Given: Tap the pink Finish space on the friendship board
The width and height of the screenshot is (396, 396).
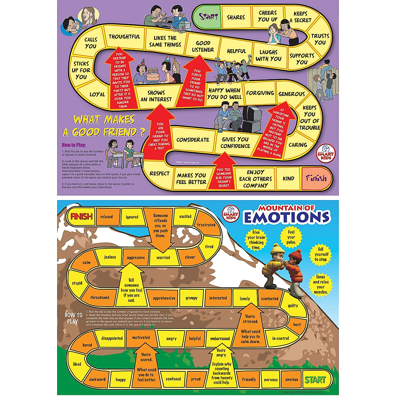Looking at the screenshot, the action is [x=316, y=179].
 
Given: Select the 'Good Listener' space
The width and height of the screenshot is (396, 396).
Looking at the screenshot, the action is [x=203, y=47].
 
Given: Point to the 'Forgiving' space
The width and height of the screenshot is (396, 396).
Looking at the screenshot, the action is [x=260, y=93].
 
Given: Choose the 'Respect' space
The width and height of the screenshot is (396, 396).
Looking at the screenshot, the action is [x=159, y=174].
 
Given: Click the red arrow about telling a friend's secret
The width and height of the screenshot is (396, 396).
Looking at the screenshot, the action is [x=224, y=175].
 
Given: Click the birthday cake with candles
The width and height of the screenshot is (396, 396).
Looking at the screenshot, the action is [x=153, y=76].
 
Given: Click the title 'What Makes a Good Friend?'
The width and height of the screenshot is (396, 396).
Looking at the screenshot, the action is [x=104, y=126].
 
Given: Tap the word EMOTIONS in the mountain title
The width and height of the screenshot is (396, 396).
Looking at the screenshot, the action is [x=286, y=217].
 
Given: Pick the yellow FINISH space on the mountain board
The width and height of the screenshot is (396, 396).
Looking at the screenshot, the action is [x=81, y=216].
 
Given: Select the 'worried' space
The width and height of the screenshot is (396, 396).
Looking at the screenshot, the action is [x=163, y=257].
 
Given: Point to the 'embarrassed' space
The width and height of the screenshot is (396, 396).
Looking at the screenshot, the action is [x=220, y=339].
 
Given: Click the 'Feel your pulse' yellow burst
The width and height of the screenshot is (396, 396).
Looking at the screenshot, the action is [x=291, y=237].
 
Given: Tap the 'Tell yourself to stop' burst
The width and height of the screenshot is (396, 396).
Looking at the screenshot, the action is [x=320, y=254].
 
